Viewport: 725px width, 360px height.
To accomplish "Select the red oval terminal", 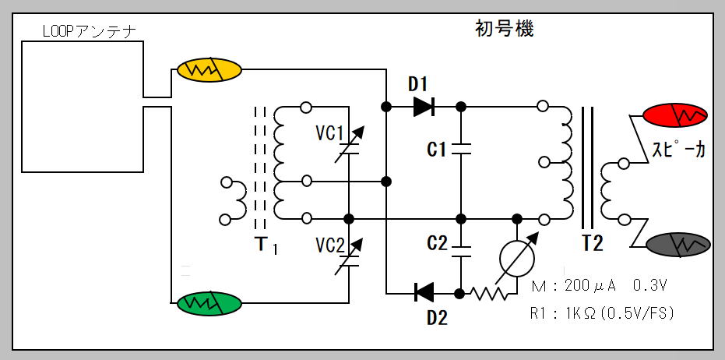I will pos(676,117).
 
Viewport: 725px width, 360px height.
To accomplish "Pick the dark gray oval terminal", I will pos(679,244).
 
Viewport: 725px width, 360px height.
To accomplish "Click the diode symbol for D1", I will pos(424,106).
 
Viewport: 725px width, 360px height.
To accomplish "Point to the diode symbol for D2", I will pos(424,293).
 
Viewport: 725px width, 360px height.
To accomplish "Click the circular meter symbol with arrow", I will pos(516,260).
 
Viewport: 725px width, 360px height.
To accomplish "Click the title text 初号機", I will pos(504,29).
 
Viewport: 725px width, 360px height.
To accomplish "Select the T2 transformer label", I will pos(592,243).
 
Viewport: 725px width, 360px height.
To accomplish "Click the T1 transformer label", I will pos(266,245).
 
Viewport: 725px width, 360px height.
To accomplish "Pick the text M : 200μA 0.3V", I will pos(598,286).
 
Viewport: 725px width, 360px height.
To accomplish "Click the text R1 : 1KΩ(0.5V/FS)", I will pos(600,313).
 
